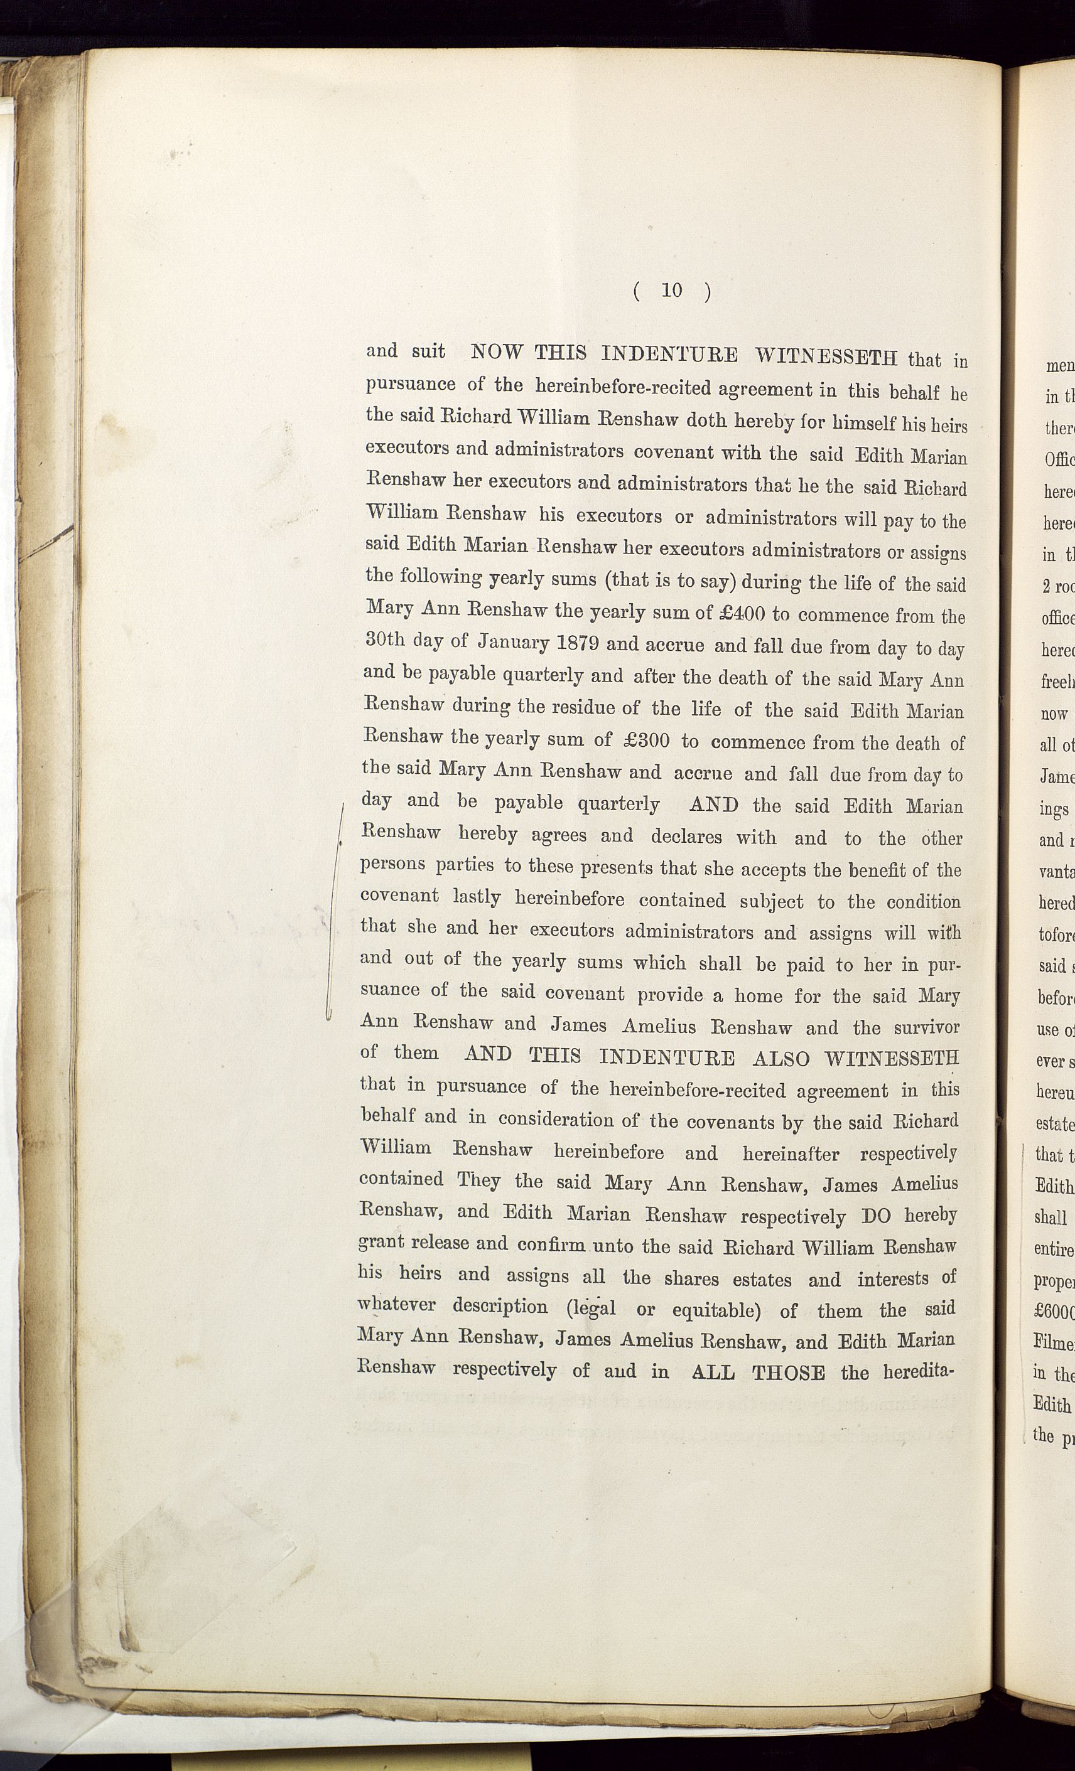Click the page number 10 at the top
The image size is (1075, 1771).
672,291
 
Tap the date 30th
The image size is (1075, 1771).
386,639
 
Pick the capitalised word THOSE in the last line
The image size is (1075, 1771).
788,1373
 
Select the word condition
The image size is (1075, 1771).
922,901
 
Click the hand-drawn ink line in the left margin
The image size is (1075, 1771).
334,913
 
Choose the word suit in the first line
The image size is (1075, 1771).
429,351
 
